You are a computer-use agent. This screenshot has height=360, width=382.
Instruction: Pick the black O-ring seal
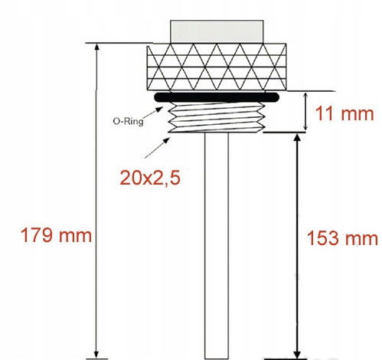coord(217,98)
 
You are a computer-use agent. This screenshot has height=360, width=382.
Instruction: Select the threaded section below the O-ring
coord(217,119)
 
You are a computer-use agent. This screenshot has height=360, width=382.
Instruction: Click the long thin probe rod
coord(217,245)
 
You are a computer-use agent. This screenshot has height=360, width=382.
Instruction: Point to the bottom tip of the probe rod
coord(217,354)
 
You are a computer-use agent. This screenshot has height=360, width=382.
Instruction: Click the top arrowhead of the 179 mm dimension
coord(96,47)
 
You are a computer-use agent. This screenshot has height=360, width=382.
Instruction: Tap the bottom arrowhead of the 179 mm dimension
coord(96,354)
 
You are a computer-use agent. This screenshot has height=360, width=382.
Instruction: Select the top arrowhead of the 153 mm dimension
coord(296,138)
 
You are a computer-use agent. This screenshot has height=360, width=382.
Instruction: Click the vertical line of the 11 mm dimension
coord(306,111)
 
